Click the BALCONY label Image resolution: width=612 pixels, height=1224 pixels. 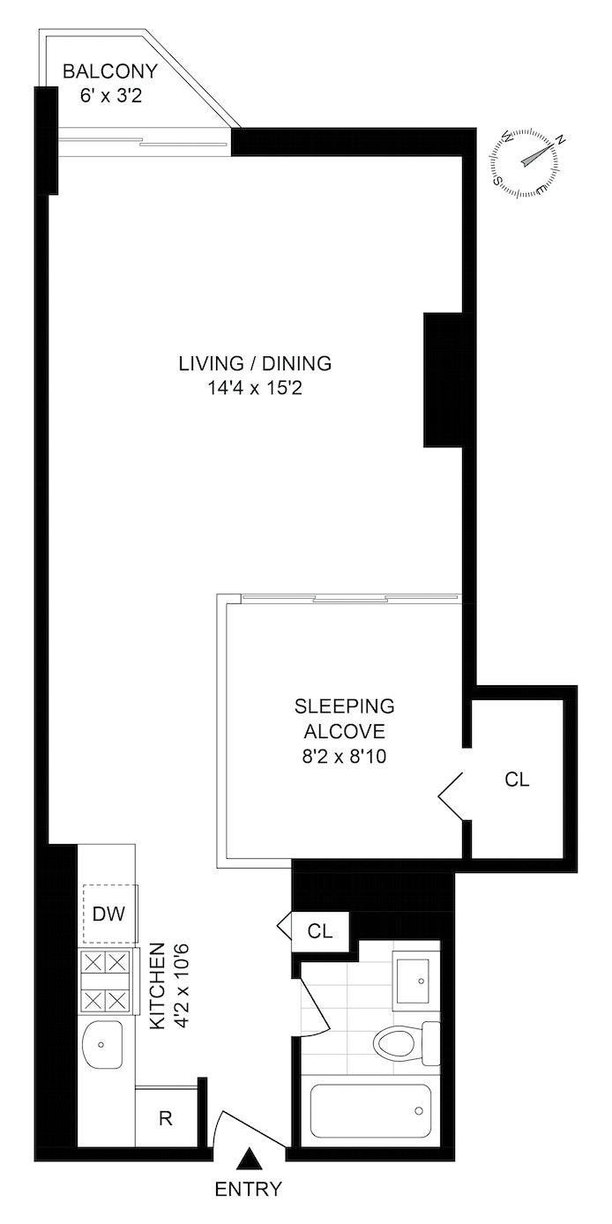110,71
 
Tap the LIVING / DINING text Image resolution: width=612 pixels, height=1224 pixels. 255,363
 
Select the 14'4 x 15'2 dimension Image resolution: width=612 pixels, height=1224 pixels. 255,389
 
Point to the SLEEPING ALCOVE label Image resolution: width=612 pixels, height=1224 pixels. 344,718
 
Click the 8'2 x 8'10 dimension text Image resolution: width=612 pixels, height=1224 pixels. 344,757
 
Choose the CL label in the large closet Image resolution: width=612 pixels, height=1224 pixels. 517,780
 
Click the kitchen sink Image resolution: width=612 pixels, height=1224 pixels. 102,1044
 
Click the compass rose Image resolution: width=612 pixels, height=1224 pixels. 525,163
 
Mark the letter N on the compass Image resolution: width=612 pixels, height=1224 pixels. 560,140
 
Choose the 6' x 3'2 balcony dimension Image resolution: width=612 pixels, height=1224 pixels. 111,96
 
